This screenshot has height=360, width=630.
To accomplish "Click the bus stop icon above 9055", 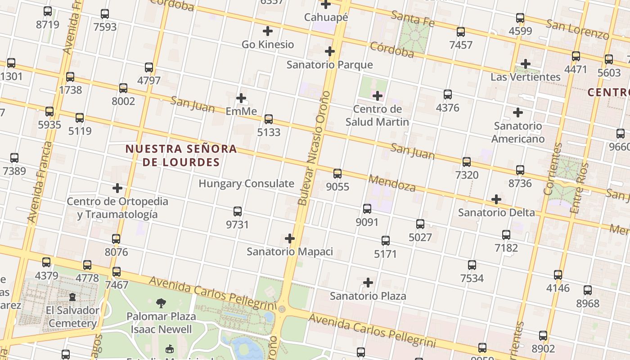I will click(337, 173).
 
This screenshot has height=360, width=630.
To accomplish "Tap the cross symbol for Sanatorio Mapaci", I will click(290, 238).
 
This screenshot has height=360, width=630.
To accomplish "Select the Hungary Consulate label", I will click(246, 184).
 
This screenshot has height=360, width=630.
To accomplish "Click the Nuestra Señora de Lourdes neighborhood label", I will click(181, 155).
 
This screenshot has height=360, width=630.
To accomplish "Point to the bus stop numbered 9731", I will click(238, 211).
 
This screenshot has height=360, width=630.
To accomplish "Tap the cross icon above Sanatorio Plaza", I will click(368, 283).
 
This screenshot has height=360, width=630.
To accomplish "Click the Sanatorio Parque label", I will click(329, 65).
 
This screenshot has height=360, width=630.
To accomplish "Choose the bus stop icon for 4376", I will click(448, 94).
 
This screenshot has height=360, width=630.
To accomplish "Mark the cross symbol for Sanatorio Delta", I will click(496, 199).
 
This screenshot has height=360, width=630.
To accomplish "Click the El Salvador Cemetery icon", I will click(72, 297).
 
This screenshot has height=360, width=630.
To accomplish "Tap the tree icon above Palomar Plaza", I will click(161, 303).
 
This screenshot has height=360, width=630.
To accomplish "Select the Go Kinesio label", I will click(268, 45).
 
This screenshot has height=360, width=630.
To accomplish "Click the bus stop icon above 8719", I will click(48, 11).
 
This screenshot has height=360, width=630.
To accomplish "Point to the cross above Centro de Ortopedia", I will click(117, 188).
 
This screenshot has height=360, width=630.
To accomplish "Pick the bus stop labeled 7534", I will click(472, 265).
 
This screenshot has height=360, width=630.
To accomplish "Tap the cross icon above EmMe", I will click(241, 98).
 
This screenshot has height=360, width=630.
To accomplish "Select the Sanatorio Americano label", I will click(517, 132).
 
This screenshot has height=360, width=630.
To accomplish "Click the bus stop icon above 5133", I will click(269, 119).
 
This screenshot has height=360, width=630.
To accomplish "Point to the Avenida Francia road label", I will click(40, 182).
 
